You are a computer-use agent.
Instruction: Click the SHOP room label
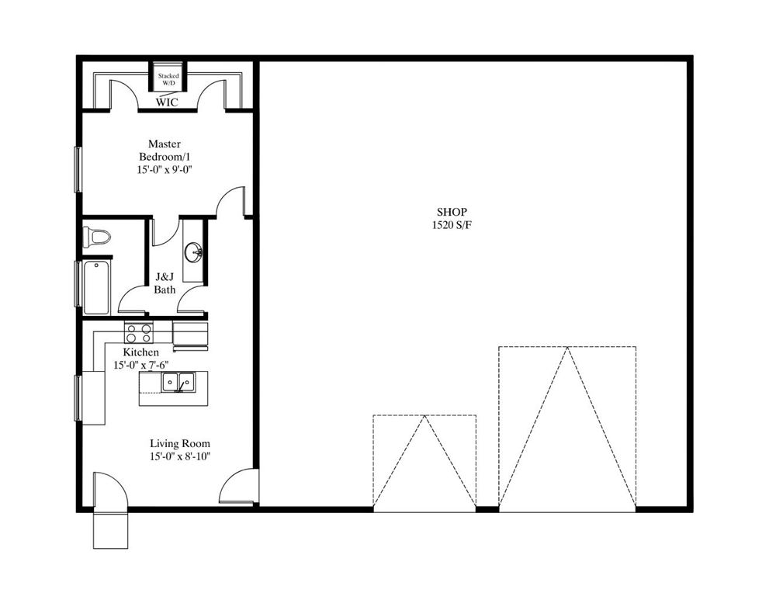pyautogui.click(x=452, y=212)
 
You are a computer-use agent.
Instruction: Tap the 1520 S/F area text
pyautogui.click(x=452, y=225)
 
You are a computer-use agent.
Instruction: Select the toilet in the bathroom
pyautogui.click(x=96, y=236)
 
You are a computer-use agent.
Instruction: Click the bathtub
pyautogui.click(x=96, y=287)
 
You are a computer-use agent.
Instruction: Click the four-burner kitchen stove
pyautogui.click(x=139, y=332)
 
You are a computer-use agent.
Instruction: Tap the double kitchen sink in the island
pyautogui.click(x=178, y=382)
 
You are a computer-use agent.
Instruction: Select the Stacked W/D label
pyautogui.click(x=168, y=79)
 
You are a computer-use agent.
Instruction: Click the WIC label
pyautogui.click(x=167, y=102)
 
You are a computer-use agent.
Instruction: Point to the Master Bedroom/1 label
pyautogui.click(x=165, y=150)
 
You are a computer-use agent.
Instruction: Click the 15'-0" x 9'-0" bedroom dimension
pyautogui.click(x=165, y=170)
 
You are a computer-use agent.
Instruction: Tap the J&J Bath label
pyautogui.click(x=165, y=283)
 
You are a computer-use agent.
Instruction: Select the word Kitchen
pyautogui.click(x=141, y=352)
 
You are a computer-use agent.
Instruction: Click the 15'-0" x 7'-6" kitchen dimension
pyautogui.click(x=141, y=365)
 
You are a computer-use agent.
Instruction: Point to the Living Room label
pyautogui.click(x=180, y=443)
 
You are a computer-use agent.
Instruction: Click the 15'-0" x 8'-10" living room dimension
pyautogui.click(x=180, y=456)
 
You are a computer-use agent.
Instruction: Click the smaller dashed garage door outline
pyautogui.click(x=424, y=460)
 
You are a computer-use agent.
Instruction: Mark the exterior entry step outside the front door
pyautogui.click(x=111, y=529)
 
